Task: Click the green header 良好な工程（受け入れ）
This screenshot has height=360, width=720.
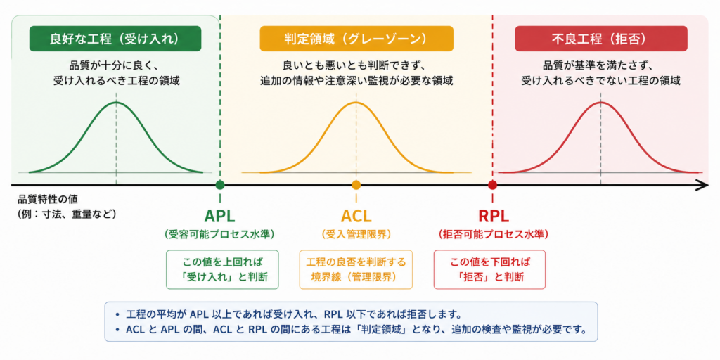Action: (x=115, y=39)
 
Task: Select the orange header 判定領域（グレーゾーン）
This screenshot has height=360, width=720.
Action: (x=356, y=39)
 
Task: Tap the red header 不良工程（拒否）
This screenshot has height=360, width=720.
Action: (x=601, y=39)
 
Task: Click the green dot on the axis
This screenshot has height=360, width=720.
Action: (x=220, y=185)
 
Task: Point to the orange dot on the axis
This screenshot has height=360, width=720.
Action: (x=356, y=185)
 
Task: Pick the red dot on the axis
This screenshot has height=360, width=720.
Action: (x=493, y=185)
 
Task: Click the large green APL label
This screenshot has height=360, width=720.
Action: (x=219, y=215)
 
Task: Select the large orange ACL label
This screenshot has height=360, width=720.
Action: (x=356, y=215)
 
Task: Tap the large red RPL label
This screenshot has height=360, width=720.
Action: (x=493, y=215)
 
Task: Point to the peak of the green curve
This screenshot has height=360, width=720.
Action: (x=116, y=102)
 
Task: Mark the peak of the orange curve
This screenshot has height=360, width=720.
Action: (x=356, y=102)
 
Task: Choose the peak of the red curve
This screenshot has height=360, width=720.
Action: (x=600, y=102)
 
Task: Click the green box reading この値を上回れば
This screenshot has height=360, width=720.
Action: (x=222, y=269)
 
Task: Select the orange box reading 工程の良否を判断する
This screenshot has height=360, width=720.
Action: (x=356, y=269)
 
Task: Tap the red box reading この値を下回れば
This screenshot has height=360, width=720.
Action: (x=489, y=269)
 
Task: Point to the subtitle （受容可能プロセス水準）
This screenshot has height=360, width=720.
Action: (x=219, y=234)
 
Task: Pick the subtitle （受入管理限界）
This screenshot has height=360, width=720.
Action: (x=356, y=234)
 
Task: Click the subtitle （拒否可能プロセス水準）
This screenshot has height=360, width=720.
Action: (x=493, y=234)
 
